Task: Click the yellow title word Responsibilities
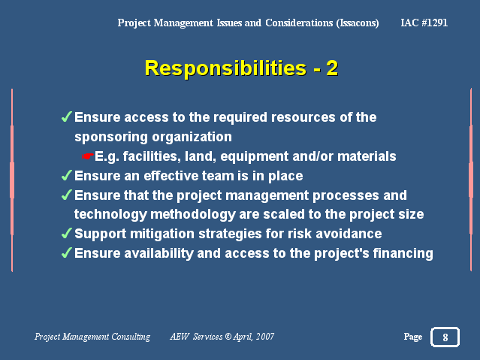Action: click(225, 68)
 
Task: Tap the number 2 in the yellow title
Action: click(332, 68)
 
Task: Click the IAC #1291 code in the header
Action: click(424, 23)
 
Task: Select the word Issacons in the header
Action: click(358, 23)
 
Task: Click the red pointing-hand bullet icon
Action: click(87, 156)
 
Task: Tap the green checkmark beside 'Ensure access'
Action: click(66, 116)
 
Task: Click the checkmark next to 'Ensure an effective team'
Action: click(66, 175)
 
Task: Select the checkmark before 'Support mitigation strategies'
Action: click(66, 233)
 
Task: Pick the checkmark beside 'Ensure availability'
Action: click(66, 253)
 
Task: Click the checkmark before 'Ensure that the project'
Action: click(66, 195)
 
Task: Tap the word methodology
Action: click(193, 215)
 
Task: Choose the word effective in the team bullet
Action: click(173, 176)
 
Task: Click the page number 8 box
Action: click(445, 337)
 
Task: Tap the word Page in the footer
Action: click(413, 337)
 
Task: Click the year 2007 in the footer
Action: click(265, 337)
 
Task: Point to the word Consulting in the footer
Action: click(131, 337)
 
